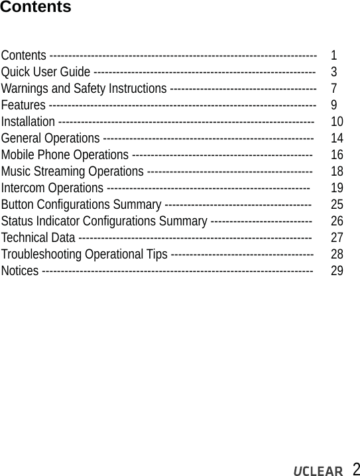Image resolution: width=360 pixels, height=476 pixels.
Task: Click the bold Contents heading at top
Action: (35, 8)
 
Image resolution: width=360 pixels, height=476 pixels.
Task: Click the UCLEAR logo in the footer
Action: (318, 470)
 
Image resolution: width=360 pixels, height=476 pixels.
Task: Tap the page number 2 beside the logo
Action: (355, 469)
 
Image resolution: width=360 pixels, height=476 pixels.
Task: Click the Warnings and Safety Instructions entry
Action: (84, 88)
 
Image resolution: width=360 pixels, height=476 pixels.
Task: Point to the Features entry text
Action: (23, 105)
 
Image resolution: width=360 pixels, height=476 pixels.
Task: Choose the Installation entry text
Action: (29, 121)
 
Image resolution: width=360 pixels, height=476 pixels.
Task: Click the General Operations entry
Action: (51, 138)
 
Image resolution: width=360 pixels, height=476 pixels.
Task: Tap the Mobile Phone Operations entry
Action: (65, 154)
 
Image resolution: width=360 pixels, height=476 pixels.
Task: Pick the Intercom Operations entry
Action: (52, 188)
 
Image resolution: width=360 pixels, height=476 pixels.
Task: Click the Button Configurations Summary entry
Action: (81, 204)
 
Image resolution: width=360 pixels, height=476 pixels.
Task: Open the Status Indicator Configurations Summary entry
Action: (104, 221)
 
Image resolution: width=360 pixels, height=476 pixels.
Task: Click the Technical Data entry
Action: (38, 237)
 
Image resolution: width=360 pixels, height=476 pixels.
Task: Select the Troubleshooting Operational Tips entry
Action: (84, 254)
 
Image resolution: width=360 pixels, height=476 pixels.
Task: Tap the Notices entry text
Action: (20, 270)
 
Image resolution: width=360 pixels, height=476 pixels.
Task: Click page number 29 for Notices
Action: (337, 270)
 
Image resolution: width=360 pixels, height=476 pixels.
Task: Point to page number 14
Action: (337, 138)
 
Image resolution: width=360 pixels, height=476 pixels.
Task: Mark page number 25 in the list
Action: (337, 204)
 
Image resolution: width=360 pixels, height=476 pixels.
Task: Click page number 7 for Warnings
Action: (333, 88)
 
